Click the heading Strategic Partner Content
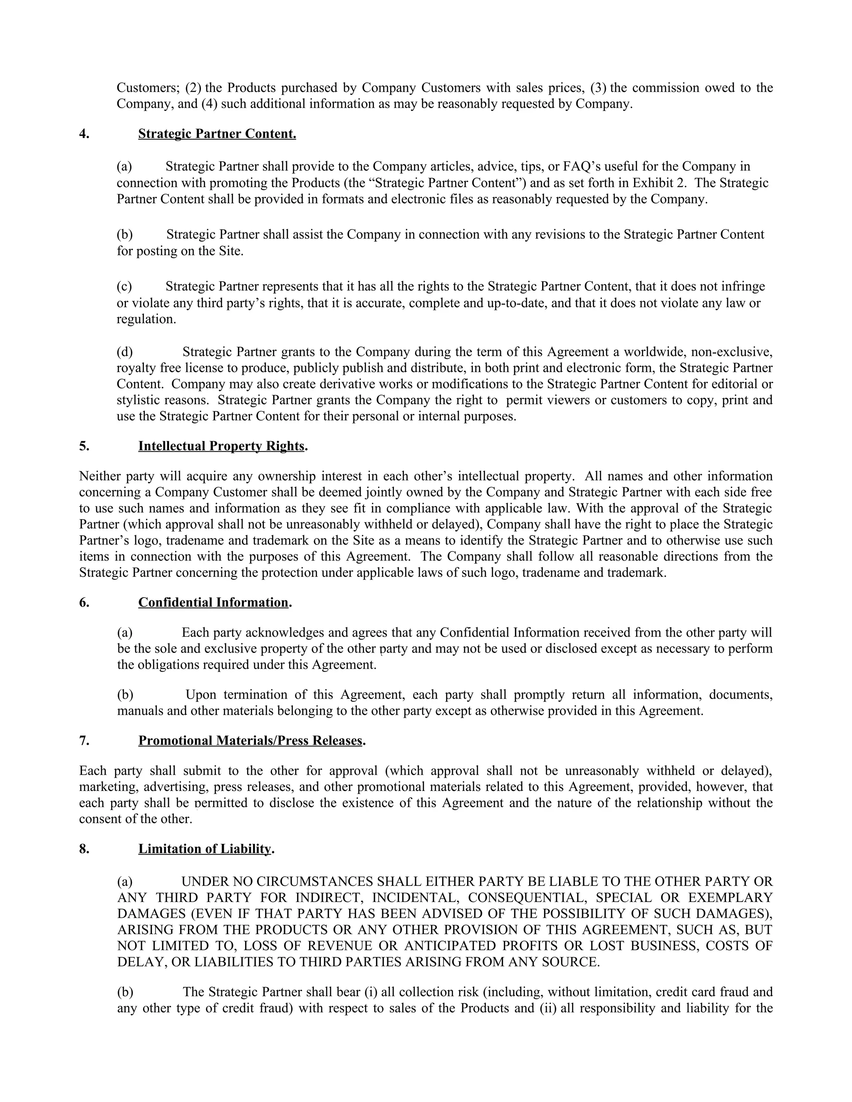217,134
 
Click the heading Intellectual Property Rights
221,446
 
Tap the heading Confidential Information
213,603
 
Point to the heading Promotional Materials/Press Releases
250,741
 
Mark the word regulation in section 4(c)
146,319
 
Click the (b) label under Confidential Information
125,695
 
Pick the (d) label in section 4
125,352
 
